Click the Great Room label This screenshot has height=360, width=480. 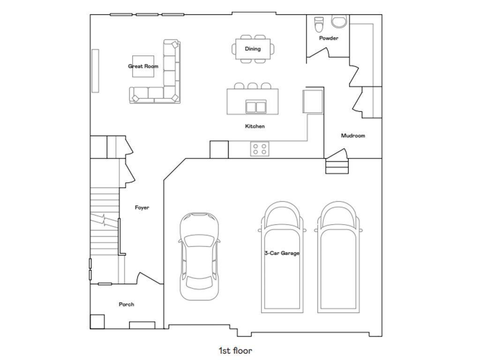click(143, 66)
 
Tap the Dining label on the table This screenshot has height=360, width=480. click(253, 49)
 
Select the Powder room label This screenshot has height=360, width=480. click(329, 38)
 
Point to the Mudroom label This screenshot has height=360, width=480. click(353, 135)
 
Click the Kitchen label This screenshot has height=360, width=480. click(255, 126)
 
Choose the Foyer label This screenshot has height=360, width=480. click(142, 208)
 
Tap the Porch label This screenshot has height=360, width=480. click(127, 304)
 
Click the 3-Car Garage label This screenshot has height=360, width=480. click(282, 253)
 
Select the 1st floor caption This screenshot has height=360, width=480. click(235, 351)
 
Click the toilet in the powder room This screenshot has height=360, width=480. click(319, 24)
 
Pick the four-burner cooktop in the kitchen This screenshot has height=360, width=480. click(260, 149)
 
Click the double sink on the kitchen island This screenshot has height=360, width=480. click(255, 107)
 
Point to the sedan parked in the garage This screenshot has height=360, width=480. click(199, 256)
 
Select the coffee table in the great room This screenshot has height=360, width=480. click(143, 66)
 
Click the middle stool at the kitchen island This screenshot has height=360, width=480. click(252, 86)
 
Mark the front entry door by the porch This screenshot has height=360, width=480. click(150, 278)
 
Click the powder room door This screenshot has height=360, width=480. click(318, 52)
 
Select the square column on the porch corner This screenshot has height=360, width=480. click(97, 322)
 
